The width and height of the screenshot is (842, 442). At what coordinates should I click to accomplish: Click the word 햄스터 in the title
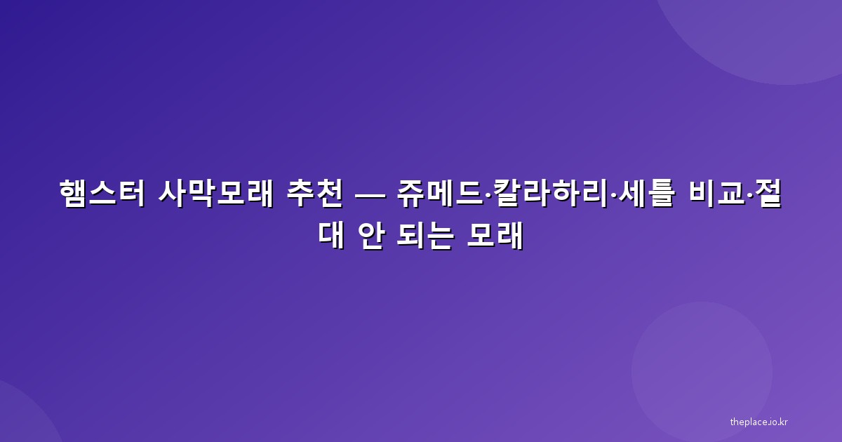pos(102,194)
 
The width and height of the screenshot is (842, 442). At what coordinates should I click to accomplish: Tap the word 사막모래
pos(216,194)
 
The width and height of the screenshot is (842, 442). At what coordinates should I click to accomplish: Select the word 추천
pos(315,194)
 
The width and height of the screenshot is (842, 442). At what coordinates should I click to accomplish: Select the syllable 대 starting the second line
pos(331,236)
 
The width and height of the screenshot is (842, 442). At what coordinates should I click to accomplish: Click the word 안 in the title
pos(371,236)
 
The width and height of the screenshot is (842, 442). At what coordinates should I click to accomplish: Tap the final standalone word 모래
pos(495,236)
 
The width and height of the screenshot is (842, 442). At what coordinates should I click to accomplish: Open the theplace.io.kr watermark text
pos(759,422)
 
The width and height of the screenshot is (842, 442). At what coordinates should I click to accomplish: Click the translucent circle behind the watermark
pos(702,372)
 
